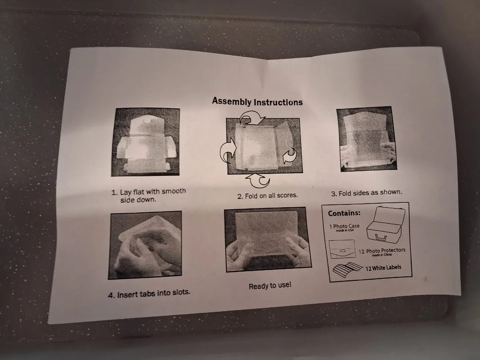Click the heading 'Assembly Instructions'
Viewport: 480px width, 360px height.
tap(257, 102)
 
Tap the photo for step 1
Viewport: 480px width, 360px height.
tap(146, 142)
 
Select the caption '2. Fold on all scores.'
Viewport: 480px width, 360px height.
tap(268, 196)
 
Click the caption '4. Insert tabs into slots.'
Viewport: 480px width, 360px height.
tap(149, 293)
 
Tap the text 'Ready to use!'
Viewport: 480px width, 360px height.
tap(270, 286)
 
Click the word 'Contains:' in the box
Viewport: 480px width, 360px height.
tap(344, 213)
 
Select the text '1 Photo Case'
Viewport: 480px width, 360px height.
tap(344, 226)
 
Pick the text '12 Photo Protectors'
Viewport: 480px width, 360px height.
tap(382, 251)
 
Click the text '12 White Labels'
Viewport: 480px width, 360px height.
tap(383, 268)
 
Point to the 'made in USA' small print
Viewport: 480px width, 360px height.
tap(345, 230)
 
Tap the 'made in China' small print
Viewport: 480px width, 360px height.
tap(382, 255)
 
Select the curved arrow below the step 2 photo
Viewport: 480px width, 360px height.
tap(258, 181)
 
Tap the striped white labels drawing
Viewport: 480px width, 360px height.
tap(348, 270)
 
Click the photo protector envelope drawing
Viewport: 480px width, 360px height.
tap(342, 249)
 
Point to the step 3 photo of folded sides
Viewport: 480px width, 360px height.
tap(367, 139)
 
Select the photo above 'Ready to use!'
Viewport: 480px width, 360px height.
tap(268, 240)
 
